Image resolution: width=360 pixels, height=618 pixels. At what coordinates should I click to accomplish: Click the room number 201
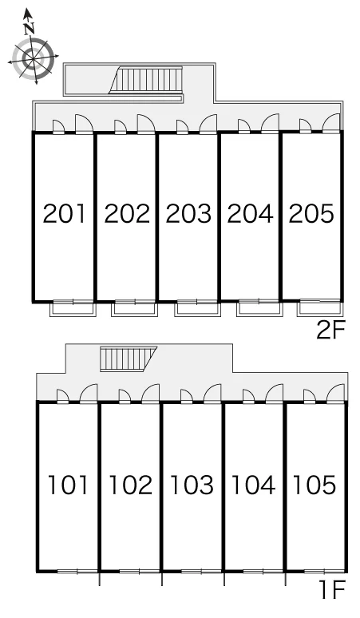64,213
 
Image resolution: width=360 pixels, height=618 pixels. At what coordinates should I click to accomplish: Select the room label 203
188,213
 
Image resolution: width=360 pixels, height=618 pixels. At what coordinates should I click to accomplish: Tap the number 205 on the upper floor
311,213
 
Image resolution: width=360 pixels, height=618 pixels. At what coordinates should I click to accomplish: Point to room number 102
130,485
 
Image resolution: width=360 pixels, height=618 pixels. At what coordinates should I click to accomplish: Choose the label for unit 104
253,485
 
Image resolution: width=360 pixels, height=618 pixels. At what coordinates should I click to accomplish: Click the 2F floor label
330,330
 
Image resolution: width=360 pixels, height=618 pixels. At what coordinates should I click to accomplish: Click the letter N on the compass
29,28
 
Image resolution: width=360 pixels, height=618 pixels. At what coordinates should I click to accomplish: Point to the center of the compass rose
33,59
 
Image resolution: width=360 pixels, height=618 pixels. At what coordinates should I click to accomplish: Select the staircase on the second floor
146,80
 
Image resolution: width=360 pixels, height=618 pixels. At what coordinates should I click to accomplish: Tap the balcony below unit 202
134,309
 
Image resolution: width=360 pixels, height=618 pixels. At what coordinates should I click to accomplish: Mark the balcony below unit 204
259,309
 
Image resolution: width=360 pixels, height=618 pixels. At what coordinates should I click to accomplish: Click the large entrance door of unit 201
84,124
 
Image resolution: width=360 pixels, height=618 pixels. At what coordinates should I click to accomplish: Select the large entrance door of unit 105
335,394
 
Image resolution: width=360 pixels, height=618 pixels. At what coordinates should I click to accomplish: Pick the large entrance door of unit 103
212,394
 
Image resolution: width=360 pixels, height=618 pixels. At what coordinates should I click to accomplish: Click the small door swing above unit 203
181,127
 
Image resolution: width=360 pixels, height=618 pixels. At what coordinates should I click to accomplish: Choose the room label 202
127,213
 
